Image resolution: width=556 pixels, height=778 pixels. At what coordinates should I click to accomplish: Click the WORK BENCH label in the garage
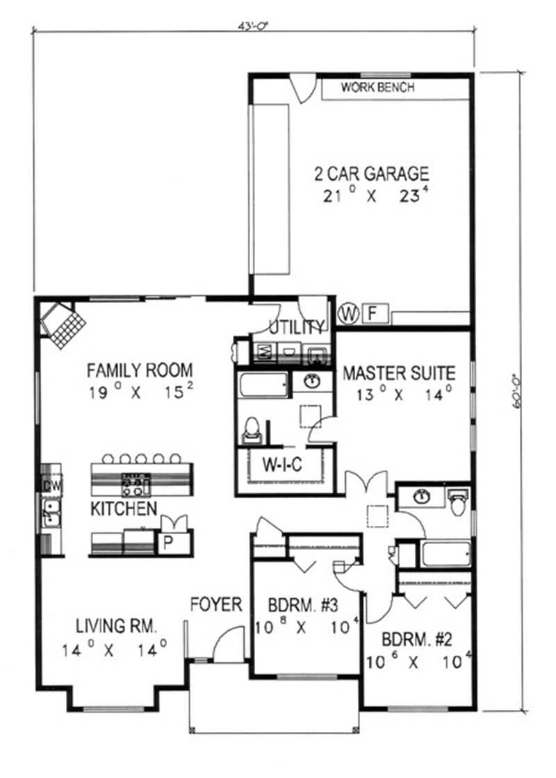pos(377,88)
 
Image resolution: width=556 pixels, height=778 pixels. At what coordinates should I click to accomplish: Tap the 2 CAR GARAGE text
pos(376,173)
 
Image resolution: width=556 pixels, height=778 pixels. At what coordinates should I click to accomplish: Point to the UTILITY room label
pos(297,327)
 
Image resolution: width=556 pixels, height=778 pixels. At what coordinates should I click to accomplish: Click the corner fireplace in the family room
pos(63,324)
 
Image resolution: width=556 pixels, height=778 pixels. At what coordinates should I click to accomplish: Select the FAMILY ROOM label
pos(140,370)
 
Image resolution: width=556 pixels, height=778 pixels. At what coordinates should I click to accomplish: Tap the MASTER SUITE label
pos(399,373)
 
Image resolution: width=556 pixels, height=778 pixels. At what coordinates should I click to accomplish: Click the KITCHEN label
pos(124,509)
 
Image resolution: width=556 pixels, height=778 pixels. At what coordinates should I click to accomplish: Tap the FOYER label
pos(216,604)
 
